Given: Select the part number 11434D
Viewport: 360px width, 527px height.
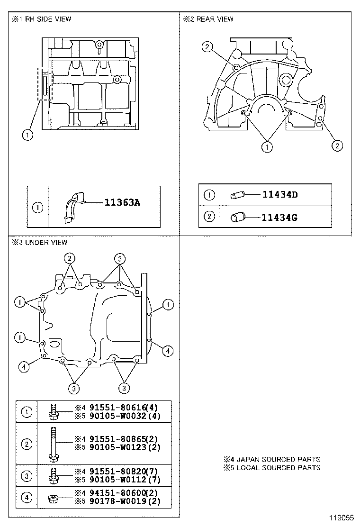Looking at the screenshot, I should pyautogui.click(x=279, y=195).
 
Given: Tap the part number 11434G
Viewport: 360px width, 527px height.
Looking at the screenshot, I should pyautogui.click(x=280, y=218).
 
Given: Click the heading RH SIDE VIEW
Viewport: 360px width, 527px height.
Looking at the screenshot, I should pyautogui.click(x=45, y=19).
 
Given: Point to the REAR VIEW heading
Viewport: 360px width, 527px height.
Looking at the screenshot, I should pyautogui.click(x=211, y=19).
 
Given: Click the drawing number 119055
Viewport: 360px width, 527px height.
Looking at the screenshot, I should pyautogui.click(x=342, y=519).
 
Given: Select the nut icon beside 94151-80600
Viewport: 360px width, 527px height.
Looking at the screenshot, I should pyautogui.click(x=53, y=498).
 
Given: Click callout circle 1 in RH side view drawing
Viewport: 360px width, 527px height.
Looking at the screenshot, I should pyautogui.click(x=27, y=135).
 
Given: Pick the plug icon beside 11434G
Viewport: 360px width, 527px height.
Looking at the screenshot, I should pyautogui.click(x=237, y=218).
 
